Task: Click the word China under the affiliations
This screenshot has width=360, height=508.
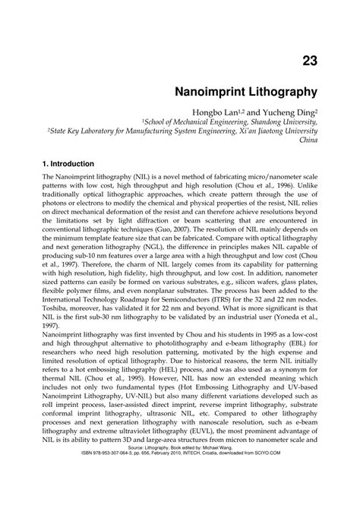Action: [x=308, y=140]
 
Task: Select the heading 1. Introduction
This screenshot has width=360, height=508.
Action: [x=68, y=163]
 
